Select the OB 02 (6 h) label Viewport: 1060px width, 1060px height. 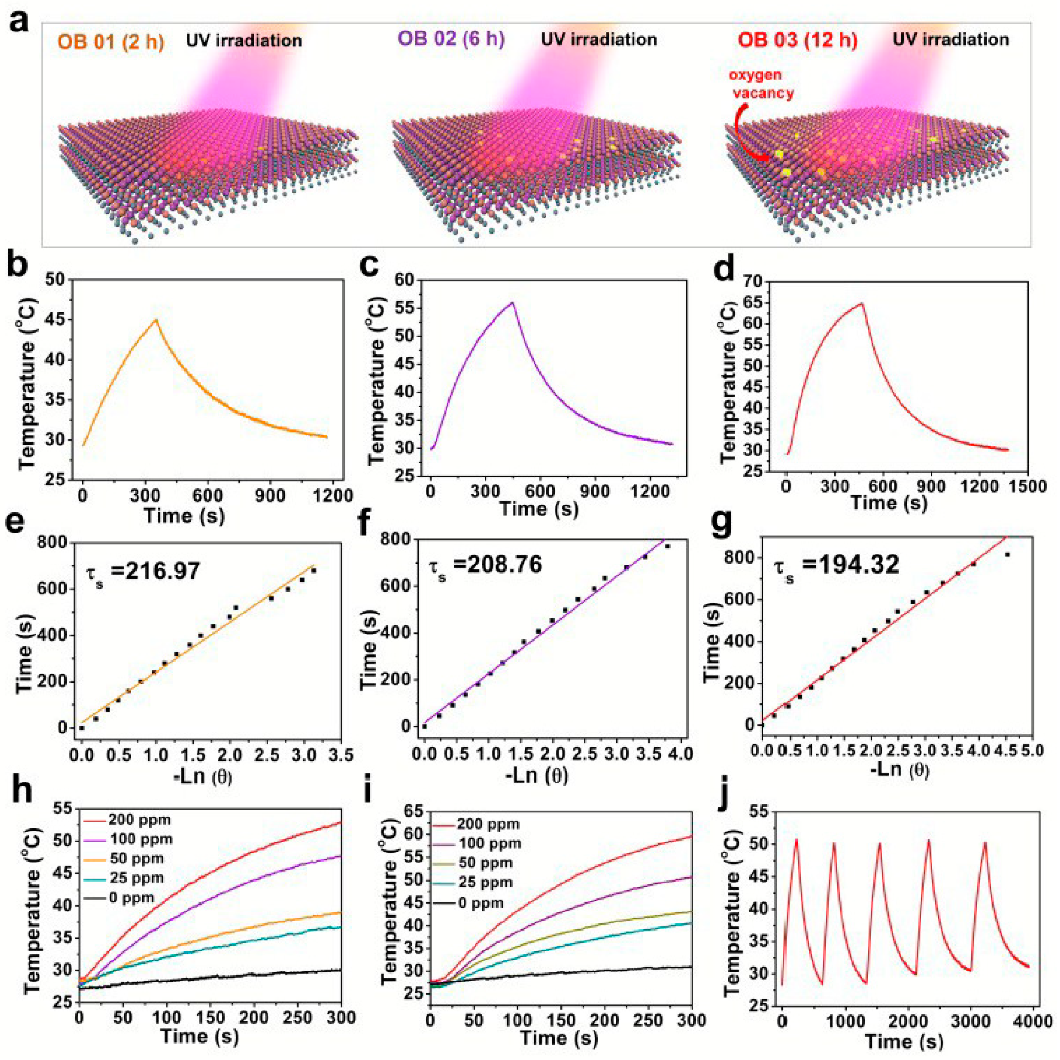pyautogui.click(x=451, y=39)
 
